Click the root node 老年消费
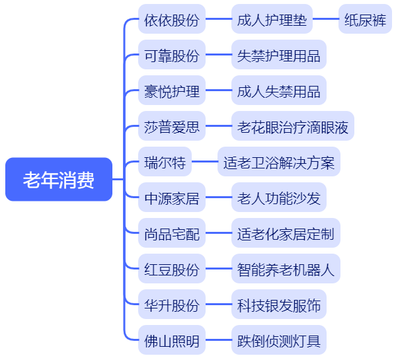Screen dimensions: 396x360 click(59, 180)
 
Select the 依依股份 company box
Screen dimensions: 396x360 click(172, 19)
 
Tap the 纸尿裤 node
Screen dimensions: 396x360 click(365, 19)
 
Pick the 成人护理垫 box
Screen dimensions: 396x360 click(272, 19)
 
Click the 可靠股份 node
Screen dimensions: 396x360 click(172, 54)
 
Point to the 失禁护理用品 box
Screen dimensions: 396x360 click(279, 54)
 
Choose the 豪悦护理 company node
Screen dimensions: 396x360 click(172, 90)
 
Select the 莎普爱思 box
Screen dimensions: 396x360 click(172, 126)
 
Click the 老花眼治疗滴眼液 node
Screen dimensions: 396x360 click(293, 126)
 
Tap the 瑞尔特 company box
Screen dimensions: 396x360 click(165, 161)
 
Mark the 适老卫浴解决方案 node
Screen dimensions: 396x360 click(279, 161)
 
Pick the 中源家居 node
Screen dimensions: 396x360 click(172, 198)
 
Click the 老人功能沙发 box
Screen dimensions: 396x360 click(279, 198)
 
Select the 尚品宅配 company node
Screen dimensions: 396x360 click(172, 233)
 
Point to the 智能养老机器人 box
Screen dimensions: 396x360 click(286, 268)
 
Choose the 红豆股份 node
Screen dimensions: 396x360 click(172, 268)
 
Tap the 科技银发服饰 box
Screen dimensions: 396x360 click(279, 305)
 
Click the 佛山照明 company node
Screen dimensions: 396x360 click(172, 340)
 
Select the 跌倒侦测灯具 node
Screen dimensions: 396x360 click(279, 340)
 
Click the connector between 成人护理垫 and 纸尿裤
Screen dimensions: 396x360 click(326, 19)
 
